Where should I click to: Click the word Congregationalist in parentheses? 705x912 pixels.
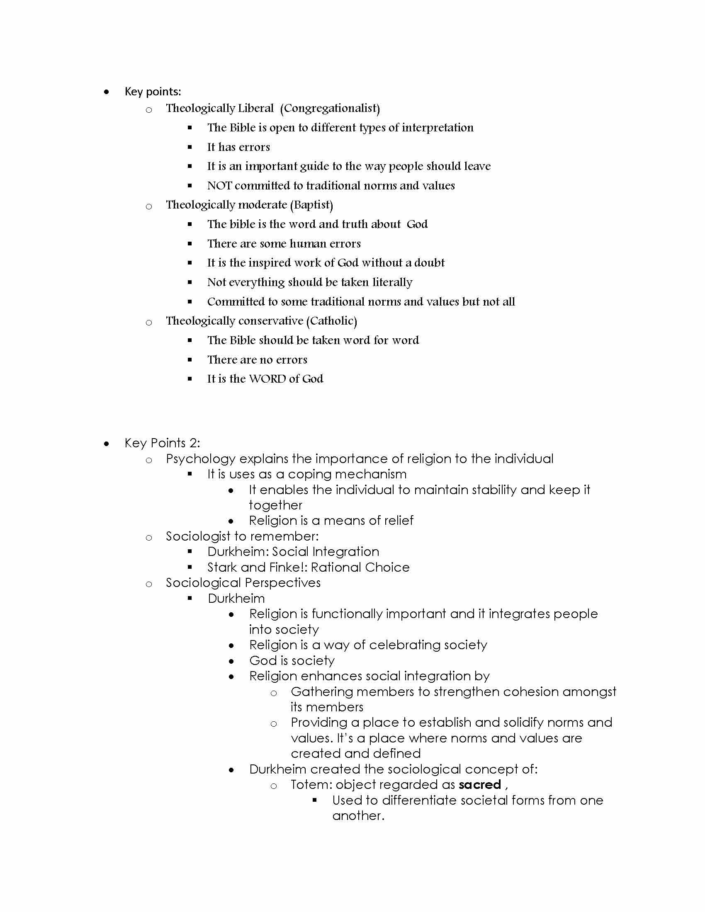click(330, 109)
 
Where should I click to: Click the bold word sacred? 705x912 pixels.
click(479, 785)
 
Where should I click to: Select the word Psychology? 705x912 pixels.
click(200, 459)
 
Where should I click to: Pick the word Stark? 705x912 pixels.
click(222, 568)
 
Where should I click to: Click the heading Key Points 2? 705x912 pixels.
click(162, 443)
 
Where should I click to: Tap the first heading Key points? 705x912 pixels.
click(153, 92)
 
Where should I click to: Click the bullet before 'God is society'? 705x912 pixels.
click(231, 661)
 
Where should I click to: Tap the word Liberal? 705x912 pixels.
click(255, 109)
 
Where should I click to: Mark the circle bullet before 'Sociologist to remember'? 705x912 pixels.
click(149, 538)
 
